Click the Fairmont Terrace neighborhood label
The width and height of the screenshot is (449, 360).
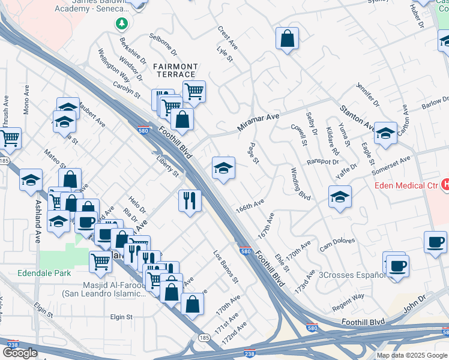(175, 70)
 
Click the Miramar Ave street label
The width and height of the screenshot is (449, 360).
(259, 121)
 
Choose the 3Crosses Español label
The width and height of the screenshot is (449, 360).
(352, 275)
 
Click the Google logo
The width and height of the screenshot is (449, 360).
(20, 352)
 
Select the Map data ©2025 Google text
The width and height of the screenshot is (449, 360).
(412, 355)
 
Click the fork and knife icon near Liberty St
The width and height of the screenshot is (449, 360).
(190, 200)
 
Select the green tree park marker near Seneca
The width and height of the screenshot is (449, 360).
(122, 23)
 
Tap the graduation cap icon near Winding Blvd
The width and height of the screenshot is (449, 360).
(340, 197)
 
